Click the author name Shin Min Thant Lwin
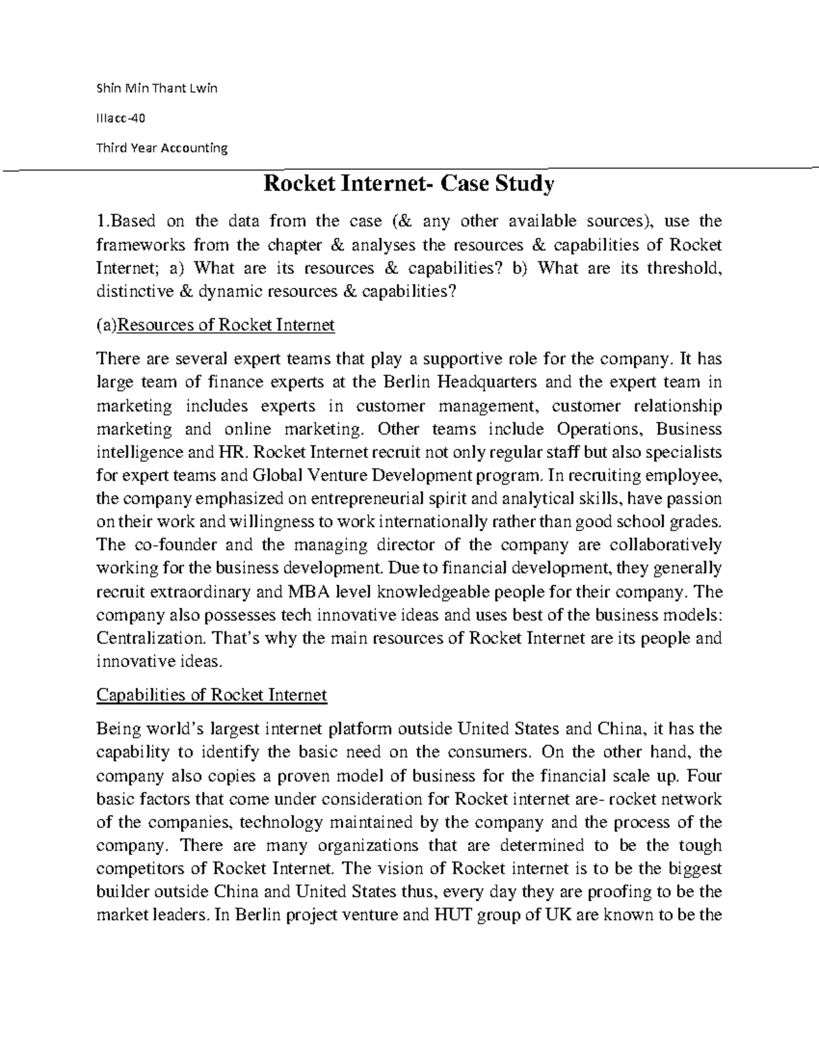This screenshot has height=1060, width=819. [156, 88]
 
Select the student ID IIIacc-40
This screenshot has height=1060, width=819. [121, 117]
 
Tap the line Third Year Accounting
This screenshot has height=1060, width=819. [162, 147]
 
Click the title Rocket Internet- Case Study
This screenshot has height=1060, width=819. [409, 184]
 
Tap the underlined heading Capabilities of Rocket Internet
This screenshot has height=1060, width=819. [212, 695]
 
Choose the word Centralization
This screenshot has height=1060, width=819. [150, 638]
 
